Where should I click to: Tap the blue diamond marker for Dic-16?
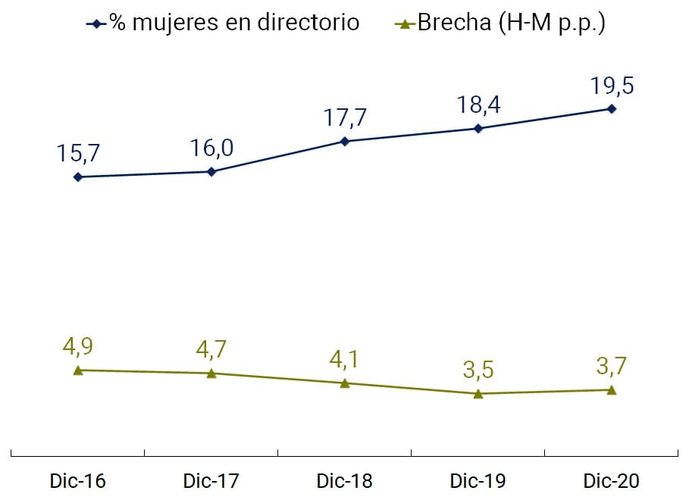[77, 177]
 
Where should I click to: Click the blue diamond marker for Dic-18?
[345, 141]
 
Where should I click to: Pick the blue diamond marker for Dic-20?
[612, 108]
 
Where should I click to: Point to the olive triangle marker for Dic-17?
[211, 373]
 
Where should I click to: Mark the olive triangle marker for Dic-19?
[478, 393]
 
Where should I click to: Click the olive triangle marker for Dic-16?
[77, 370]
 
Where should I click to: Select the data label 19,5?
[612, 85]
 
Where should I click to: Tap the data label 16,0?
[211, 148]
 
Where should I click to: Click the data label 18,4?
[478, 105]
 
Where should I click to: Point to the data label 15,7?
[78, 153]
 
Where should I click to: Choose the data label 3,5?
[478, 370]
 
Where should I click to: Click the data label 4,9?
[78, 346]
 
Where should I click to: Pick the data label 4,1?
[345, 359]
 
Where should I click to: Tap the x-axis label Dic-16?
[77, 481]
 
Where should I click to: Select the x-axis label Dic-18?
[345, 481]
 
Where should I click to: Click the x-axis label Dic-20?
[612, 481]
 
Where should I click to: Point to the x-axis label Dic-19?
[478, 481]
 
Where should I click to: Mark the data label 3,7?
[612, 367]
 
